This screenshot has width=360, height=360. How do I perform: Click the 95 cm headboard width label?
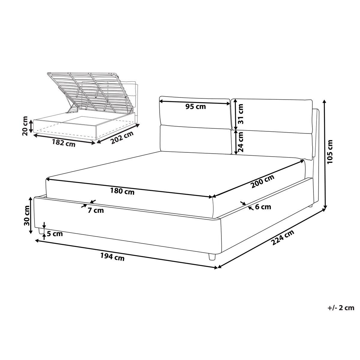196,106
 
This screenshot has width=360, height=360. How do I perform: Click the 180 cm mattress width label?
122,191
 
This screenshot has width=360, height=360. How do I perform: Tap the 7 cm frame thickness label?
96,210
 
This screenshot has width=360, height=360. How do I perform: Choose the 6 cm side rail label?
263,207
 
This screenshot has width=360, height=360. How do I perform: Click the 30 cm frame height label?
27,215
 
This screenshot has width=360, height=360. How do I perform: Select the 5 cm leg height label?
55,234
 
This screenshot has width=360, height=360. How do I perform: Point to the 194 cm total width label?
112,256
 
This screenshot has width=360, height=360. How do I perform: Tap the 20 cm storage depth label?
25,126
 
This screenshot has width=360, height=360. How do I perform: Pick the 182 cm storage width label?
64,143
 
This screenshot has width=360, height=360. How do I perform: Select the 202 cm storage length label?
122,138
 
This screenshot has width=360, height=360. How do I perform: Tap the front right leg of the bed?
212,257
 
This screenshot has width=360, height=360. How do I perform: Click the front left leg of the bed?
41,231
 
